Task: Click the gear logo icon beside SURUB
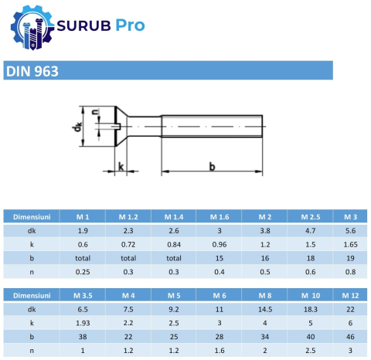(29, 28)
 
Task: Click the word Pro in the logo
(129, 25)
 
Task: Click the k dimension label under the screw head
(120, 167)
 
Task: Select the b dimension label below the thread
(211, 166)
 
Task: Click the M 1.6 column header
(220, 217)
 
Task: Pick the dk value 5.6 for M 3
(349, 230)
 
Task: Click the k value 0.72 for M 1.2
(128, 244)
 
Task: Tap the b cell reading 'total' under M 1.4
(174, 258)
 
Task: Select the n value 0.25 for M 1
(83, 272)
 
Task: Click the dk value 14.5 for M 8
(265, 308)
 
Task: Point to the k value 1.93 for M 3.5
(83, 322)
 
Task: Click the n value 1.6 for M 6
(220, 350)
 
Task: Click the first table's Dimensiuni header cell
(32, 217)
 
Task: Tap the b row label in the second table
(32, 336)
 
